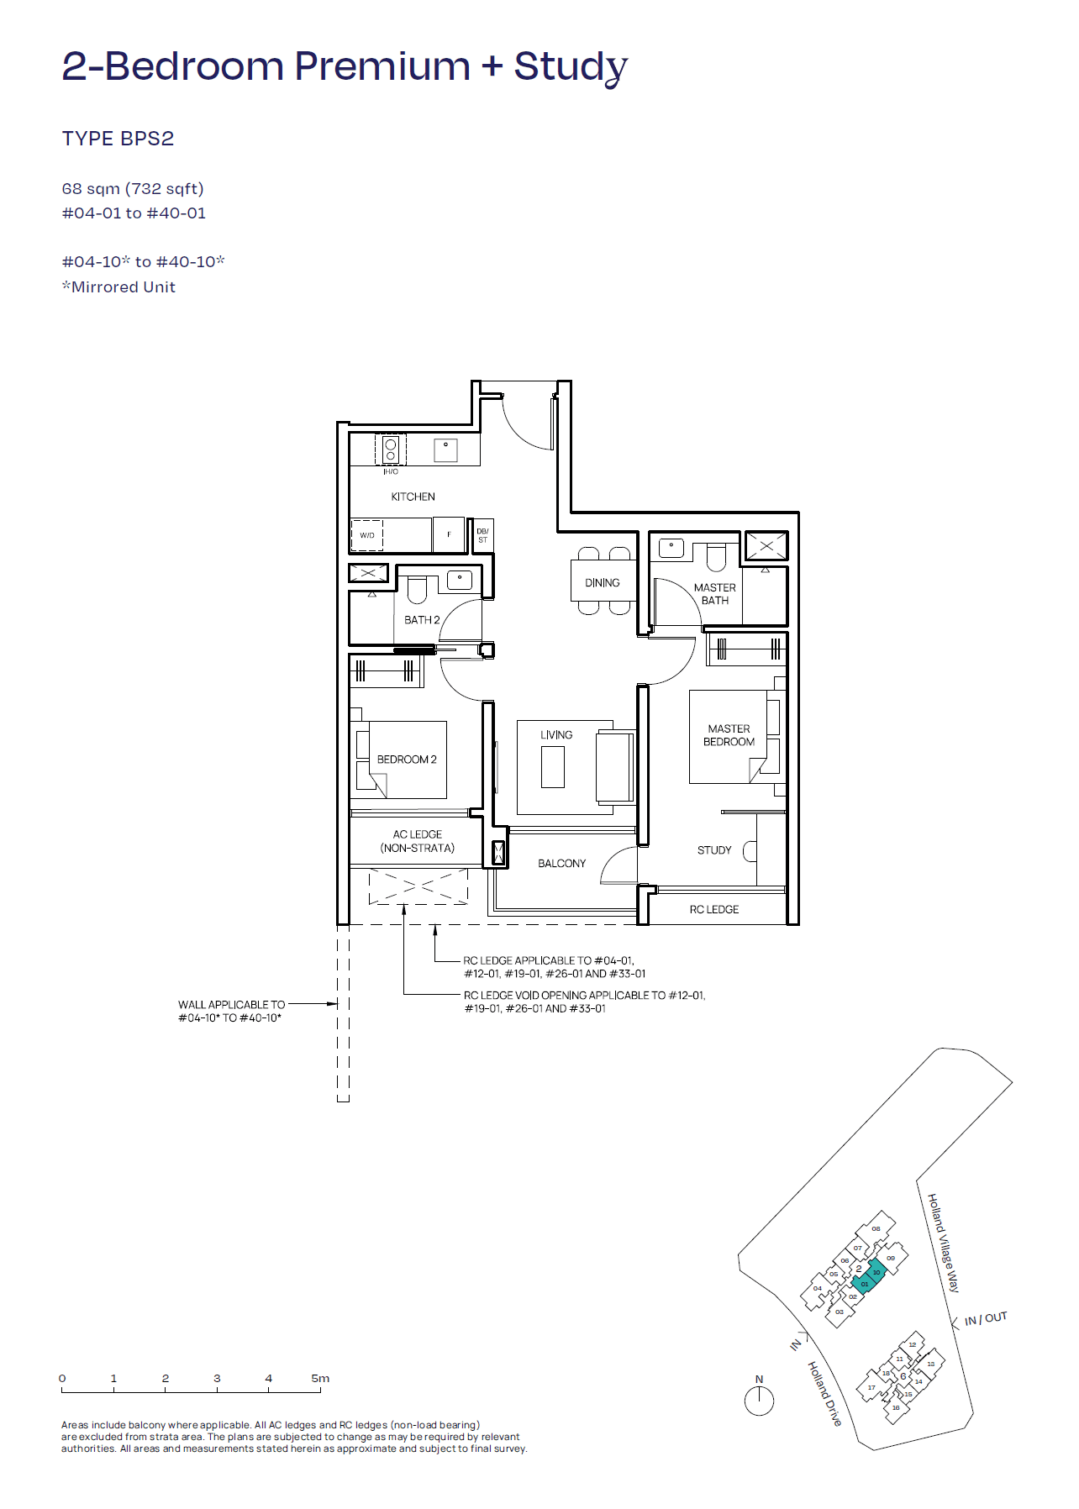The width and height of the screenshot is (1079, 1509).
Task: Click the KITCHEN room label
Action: (x=413, y=497)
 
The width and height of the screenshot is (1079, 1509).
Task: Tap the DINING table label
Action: (x=602, y=582)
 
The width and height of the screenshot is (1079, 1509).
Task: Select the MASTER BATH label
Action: (x=714, y=594)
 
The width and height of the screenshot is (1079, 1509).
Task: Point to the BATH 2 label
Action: (x=422, y=620)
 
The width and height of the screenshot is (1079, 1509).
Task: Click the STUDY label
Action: (x=714, y=850)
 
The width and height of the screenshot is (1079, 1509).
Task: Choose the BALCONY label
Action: (x=561, y=864)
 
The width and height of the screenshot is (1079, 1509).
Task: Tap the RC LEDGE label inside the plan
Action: (x=714, y=910)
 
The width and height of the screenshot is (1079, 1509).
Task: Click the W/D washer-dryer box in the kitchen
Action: (x=367, y=535)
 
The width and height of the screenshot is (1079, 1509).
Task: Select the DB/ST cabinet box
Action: (x=482, y=535)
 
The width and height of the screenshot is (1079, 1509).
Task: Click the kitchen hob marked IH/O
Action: (x=391, y=450)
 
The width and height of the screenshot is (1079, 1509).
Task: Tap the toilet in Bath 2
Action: (x=417, y=590)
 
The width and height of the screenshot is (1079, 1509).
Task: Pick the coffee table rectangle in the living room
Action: (x=552, y=766)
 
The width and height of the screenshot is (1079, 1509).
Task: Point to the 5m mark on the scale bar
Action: (x=320, y=1379)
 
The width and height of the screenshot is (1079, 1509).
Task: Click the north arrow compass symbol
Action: (x=759, y=1401)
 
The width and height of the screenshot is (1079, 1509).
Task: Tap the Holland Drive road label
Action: (x=824, y=1393)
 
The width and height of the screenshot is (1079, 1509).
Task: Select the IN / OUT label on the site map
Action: (x=985, y=1319)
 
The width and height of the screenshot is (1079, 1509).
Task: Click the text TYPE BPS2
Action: (x=118, y=139)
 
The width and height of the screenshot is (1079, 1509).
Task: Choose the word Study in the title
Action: (x=571, y=66)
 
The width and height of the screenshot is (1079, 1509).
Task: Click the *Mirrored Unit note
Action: (x=118, y=287)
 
